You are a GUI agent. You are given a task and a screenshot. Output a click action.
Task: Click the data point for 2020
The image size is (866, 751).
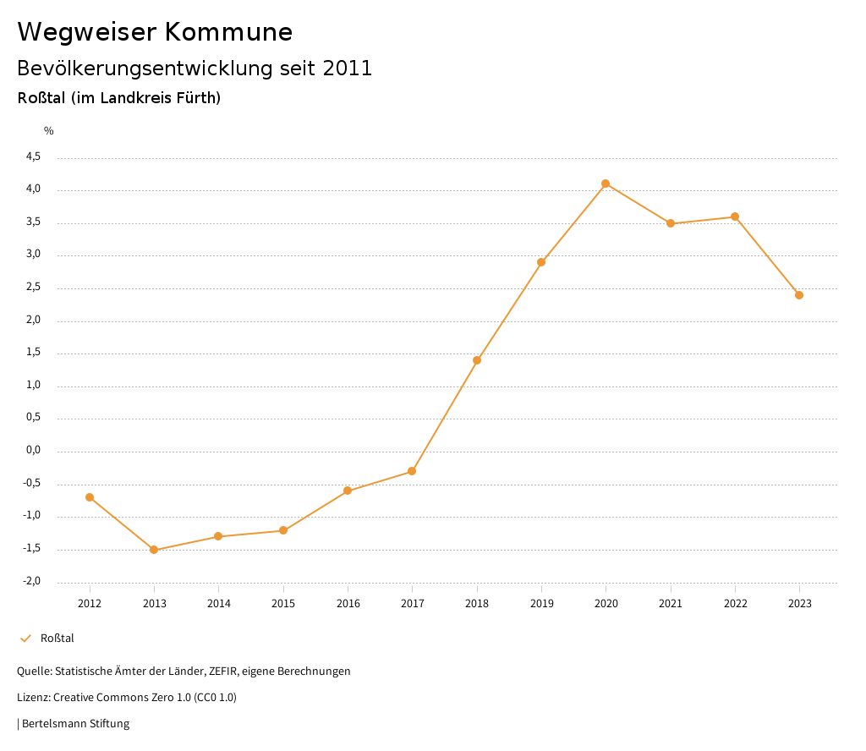606,184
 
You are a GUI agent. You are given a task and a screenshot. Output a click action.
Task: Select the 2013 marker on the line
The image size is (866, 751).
154,550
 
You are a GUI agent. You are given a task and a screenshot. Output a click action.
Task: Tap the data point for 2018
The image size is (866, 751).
477,360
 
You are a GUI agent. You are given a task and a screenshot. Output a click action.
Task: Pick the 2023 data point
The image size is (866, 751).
799,295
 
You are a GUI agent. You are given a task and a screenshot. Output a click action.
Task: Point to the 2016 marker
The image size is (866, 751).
348,491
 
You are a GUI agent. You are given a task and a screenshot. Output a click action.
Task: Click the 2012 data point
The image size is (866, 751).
90,497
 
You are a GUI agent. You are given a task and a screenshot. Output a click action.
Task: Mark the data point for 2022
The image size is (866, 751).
735,217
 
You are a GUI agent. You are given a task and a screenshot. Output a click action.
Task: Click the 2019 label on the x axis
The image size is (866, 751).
541,603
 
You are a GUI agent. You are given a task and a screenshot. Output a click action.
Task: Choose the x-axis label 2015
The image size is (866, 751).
283,603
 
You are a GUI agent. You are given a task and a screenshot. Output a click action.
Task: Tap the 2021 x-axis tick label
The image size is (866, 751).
671,603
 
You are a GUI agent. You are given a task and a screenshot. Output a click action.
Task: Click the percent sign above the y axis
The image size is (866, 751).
49,131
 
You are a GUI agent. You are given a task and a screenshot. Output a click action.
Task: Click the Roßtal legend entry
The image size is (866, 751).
57,638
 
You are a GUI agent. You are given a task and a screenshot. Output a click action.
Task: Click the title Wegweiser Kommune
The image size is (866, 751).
155,32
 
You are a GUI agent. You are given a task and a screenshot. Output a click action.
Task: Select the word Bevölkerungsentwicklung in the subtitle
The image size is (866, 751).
145,69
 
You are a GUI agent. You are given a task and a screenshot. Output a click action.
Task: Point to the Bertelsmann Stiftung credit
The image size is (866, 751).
75,724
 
